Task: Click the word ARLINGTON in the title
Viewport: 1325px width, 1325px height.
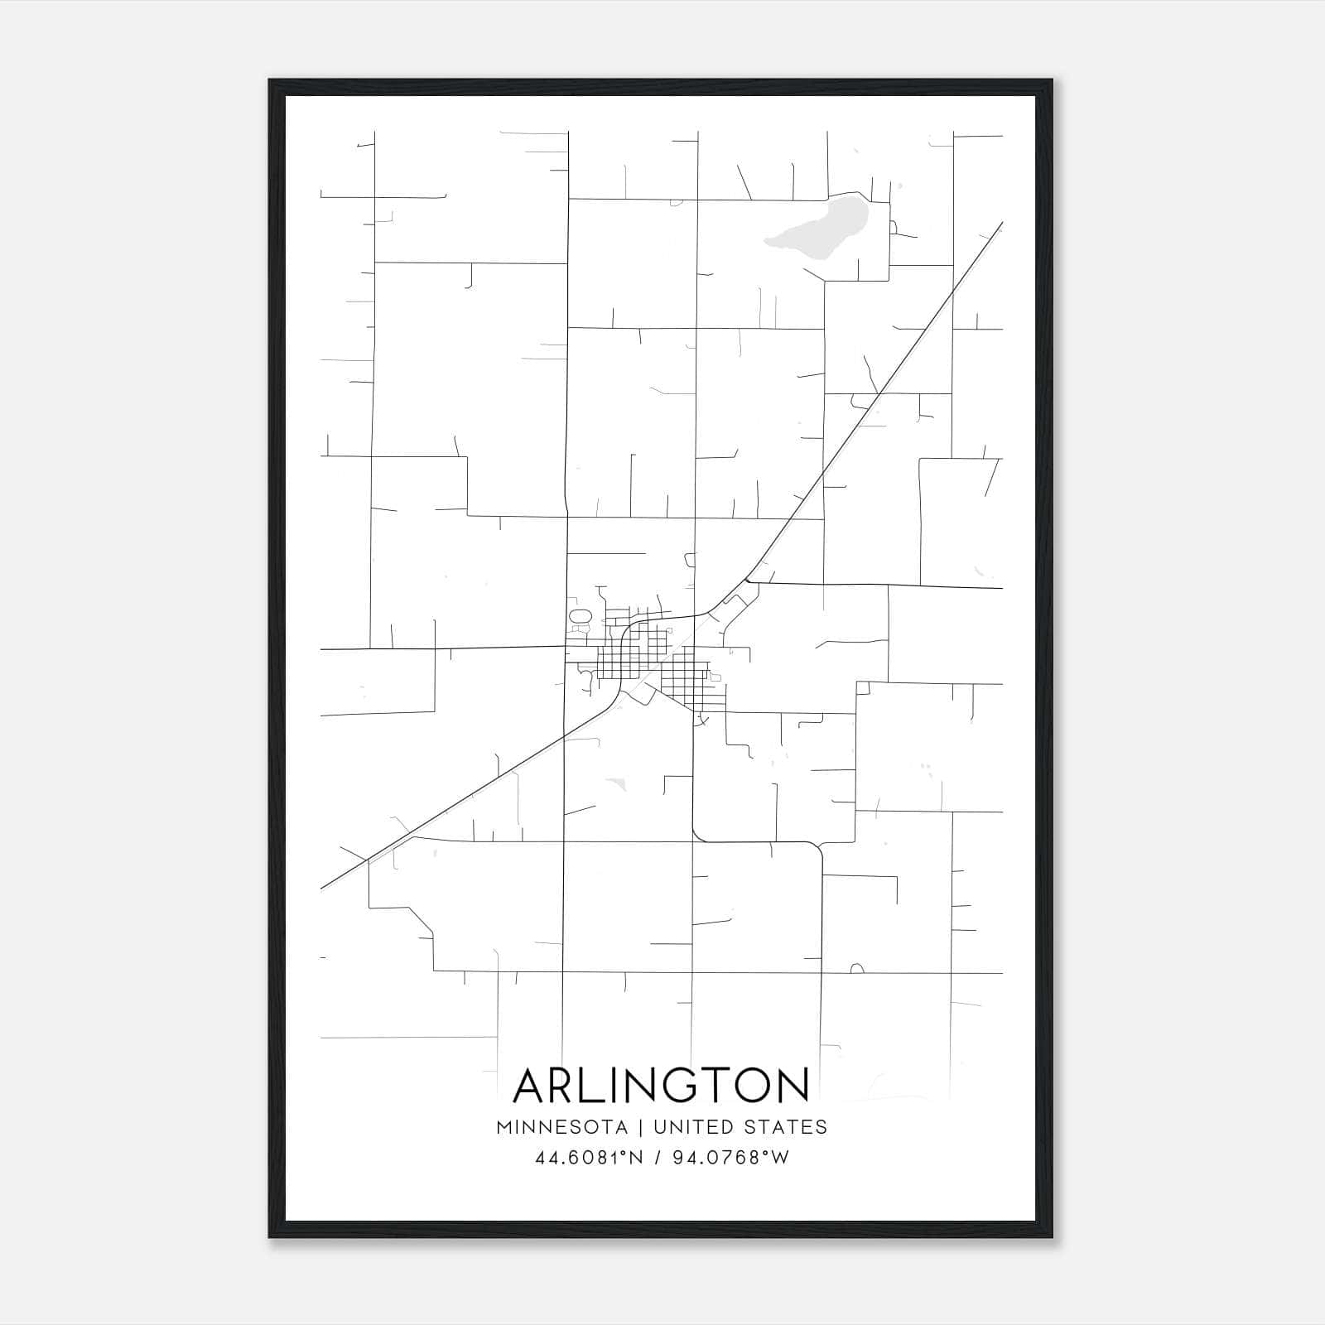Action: (x=661, y=1085)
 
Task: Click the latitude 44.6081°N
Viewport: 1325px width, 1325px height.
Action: (x=589, y=1158)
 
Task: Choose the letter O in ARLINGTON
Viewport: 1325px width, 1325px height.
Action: (x=748, y=1085)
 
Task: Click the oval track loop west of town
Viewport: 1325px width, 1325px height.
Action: (x=580, y=617)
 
